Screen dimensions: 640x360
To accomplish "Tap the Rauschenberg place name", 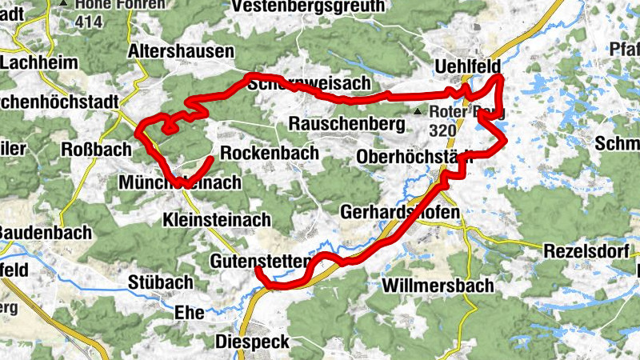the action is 343,125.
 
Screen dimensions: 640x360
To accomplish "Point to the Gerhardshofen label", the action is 400,213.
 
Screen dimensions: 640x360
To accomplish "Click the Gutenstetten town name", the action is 259,262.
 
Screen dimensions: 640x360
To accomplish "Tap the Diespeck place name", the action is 251,342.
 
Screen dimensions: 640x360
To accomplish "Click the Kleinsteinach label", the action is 216,219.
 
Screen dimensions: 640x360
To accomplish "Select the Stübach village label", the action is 160,282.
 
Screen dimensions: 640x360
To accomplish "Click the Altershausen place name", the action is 181,52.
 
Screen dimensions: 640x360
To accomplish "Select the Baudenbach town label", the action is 46,232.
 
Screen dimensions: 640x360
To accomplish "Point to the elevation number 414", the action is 89,22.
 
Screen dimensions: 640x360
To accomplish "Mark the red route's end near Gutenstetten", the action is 258,270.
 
